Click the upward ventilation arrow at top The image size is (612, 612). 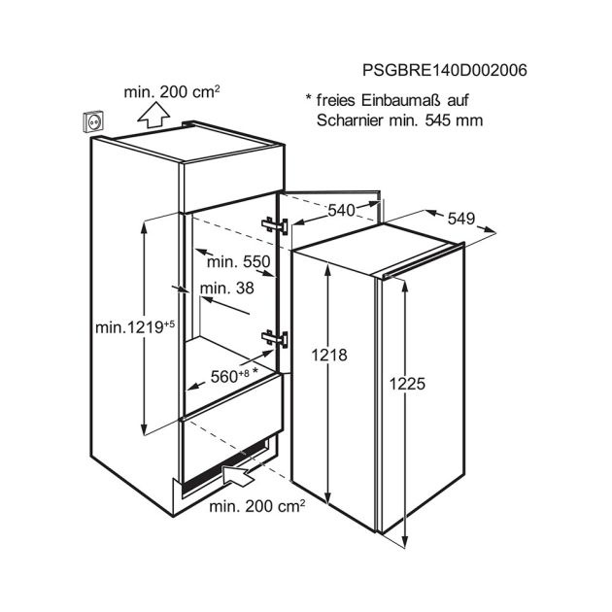click(x=152, y=116)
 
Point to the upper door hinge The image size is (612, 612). click(x=277, y=222)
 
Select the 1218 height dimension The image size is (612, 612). click(x=330, y=356)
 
